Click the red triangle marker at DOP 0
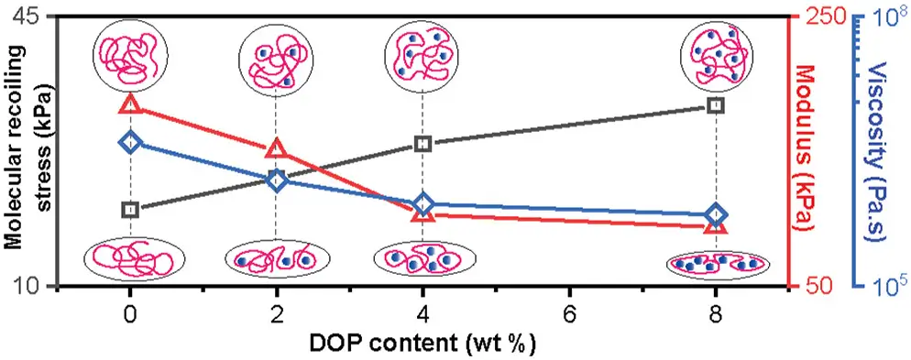pyautogui.click(x=131, y=104)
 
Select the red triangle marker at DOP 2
pyautogui.click(x=277, y=148)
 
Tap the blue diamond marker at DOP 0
pyautogui.click(x=131, y=142)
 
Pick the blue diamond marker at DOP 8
pyautogui.click(x=716, y=215)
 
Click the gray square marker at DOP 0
pyautogui.click(x=131, y=209)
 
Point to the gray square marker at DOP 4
pyautogui.click(x=423, y=144)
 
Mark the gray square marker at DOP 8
pyautogui.click(x=716, y=104)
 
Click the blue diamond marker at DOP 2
pyautogui.click(x=277, y=180)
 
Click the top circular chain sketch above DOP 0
pyautogui.click(x=131, y=55)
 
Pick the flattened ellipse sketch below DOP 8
pyautogui.click(x=719, y=265)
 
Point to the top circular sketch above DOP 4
pyautogui.click(x=422, y=55)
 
